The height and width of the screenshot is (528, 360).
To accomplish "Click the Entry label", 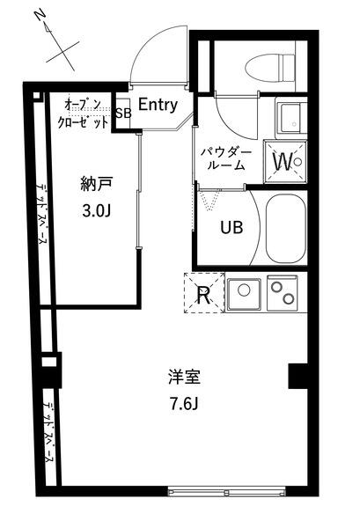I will click(158, 105).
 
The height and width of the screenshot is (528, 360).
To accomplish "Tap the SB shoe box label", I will click(122, 113).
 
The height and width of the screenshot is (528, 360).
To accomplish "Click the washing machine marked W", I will click(283, 161).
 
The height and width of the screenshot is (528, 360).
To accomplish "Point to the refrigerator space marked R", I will click(202, 295).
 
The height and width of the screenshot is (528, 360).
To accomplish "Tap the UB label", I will click(231, 227).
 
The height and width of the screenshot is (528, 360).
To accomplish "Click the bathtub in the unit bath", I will click(283, 227).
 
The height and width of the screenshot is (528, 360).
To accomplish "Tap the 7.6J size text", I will click(185, 405).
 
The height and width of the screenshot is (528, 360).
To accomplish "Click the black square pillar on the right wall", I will click(298, 376).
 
